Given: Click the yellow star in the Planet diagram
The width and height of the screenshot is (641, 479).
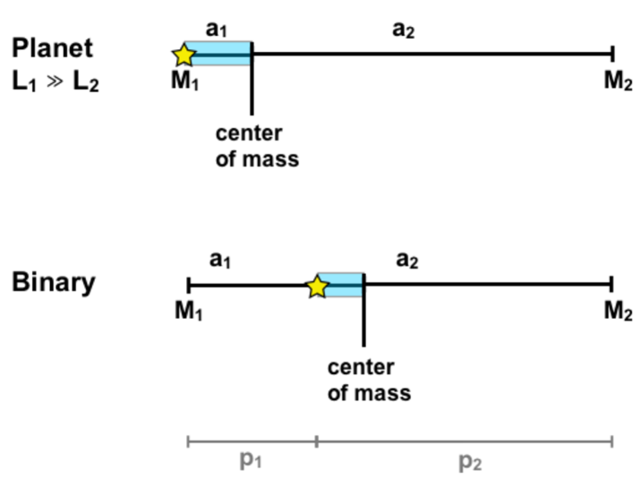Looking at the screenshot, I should tap(184, 55).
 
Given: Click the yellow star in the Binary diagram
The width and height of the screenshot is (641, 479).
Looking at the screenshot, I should tap(316, 287).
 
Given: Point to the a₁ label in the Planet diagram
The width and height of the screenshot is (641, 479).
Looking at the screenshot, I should tap(216, 29).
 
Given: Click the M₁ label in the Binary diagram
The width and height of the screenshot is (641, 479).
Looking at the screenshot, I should tap(188, 311).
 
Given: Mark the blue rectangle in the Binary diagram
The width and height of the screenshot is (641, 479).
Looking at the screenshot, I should tap(345, 285).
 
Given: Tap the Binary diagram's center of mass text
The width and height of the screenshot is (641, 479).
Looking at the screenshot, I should tap(369, 380).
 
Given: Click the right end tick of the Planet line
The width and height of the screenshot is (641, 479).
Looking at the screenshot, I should tap(611, 54).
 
